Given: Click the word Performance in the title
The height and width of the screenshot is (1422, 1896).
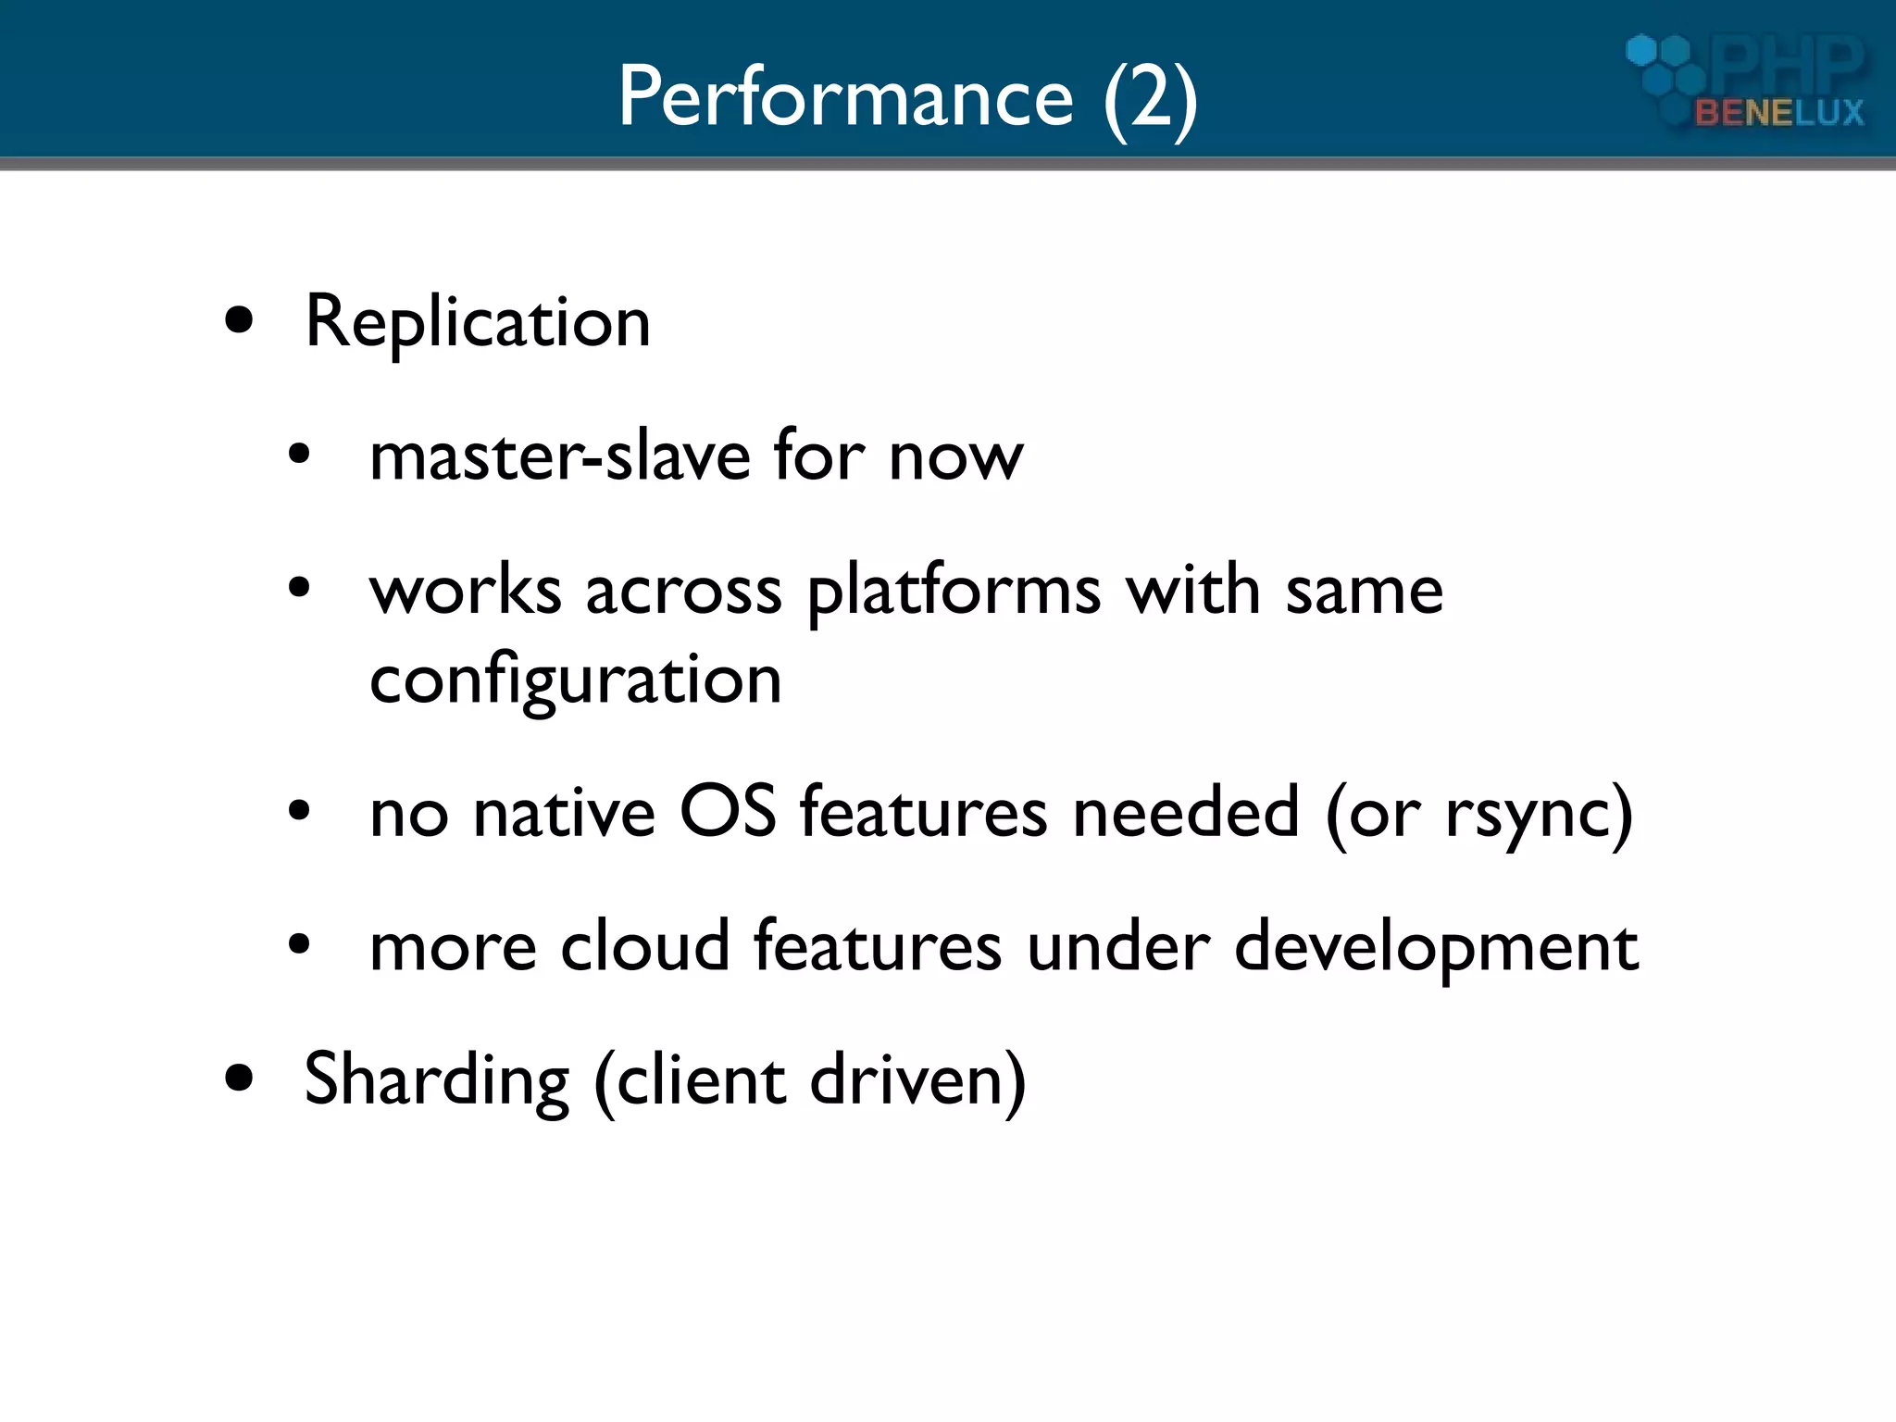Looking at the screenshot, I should pos(845,97).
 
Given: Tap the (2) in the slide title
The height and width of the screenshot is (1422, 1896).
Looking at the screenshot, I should pos(1151,99).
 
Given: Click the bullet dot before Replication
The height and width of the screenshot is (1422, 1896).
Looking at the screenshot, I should pos(239,320).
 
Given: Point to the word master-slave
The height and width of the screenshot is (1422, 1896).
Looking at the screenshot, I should pos(559,456).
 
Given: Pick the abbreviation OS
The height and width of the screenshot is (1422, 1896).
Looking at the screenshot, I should pos(728,812).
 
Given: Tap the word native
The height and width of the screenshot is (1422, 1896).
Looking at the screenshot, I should pos(564,812).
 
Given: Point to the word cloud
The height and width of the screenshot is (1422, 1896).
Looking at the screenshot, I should pos(645,946).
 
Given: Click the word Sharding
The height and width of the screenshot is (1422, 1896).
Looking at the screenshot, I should pos(436,1080).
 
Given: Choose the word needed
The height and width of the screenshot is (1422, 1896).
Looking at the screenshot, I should pos(1186,812).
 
